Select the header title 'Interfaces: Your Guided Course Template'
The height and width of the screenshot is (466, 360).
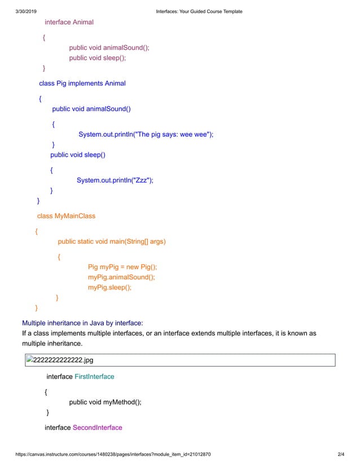coord(199,11)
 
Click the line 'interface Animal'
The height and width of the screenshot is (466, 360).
coord(69,22)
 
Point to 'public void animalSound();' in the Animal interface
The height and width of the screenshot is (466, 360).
coord(109,47)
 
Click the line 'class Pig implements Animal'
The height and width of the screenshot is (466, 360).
coord(82,83)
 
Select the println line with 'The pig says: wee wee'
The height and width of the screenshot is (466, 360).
coord(146,134)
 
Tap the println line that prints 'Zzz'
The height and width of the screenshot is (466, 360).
coord(115,180)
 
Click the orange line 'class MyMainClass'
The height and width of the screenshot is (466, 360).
coord(66,216)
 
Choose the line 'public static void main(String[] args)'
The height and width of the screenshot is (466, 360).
coord(112,241)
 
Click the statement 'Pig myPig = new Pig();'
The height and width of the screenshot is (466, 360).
coord(122,267)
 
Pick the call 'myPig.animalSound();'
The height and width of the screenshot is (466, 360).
coord(121,277)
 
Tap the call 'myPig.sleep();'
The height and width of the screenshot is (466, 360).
coord(109,287)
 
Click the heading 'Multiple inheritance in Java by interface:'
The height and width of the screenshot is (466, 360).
coord(82,323)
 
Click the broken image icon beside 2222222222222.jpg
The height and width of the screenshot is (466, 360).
coord(30,360)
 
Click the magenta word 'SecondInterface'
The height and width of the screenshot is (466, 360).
coord(98,428)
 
